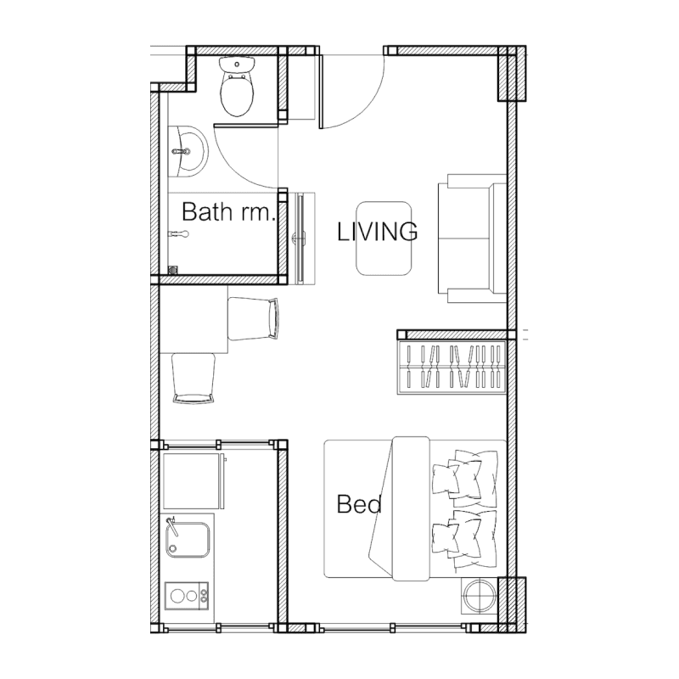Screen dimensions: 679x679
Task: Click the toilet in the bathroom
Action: point(237,87)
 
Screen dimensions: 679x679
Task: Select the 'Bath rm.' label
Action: point(228,211)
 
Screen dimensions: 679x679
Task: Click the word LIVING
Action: point(377,231)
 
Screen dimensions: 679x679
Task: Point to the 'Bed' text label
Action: point(359,504)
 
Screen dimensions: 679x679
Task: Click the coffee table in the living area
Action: point(384,238)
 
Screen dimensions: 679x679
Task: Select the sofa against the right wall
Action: point(472,238)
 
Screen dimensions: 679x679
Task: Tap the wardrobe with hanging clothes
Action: point(452,368)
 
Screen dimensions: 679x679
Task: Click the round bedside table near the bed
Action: point(480,596)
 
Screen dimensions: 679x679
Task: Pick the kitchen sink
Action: point(188,540)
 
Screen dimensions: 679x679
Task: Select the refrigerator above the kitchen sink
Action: point(194,480)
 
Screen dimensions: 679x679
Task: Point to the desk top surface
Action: point(194,319)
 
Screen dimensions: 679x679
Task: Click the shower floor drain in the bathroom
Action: point(173,270)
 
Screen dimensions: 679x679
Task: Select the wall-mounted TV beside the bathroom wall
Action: point(302,238)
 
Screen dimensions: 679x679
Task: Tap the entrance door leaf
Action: point(321,92)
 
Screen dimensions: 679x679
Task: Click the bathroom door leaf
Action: point(245,126)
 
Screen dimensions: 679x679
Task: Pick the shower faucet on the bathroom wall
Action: point(178,234)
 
